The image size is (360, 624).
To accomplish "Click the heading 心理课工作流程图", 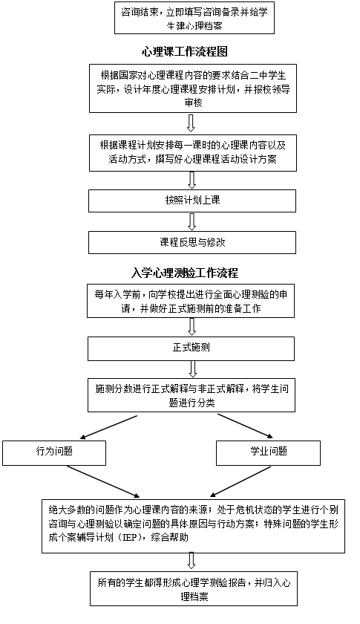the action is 185,52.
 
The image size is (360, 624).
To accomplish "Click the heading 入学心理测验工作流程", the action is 185,273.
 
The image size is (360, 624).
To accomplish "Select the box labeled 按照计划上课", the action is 192,201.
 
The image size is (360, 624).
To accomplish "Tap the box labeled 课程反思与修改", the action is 192,242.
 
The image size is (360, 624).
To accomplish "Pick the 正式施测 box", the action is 192,348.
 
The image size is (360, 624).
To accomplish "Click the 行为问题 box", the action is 54,453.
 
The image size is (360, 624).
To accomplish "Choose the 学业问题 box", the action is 268,453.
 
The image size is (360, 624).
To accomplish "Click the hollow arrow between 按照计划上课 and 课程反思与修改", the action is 192,221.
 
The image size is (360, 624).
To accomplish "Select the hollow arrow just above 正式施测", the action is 192,327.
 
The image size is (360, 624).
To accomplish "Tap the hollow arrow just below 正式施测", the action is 193,369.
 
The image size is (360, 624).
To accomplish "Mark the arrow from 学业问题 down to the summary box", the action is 240,481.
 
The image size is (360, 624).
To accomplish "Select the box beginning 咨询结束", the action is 194,18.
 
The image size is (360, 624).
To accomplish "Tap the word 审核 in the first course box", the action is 193,103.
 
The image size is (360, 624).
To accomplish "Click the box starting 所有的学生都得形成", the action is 194,589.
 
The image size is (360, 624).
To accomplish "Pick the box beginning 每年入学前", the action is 191,301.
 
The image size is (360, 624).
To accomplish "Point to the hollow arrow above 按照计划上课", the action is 192,181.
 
